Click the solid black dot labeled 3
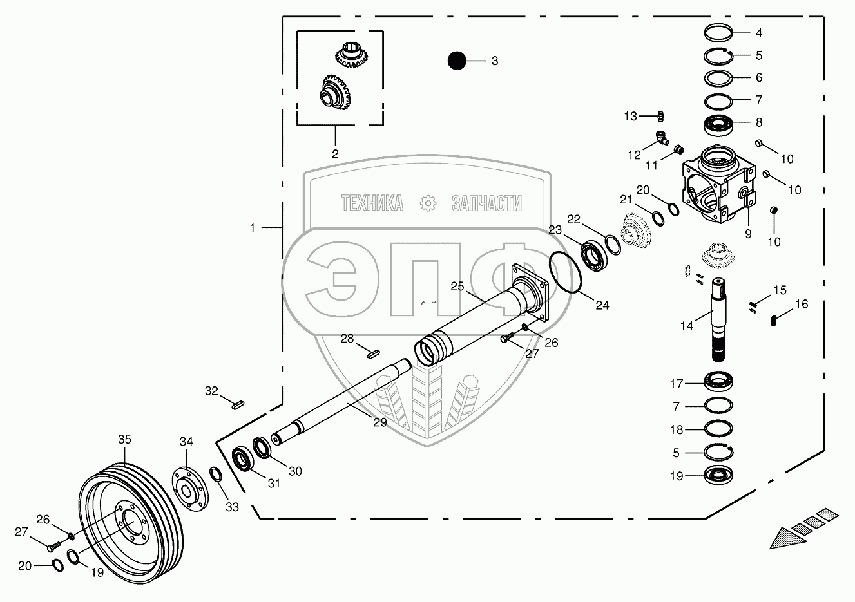[457, 61]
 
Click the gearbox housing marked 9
[715, 187]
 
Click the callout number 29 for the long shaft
[379, 422]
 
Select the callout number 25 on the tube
[457, 286]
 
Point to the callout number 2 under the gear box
[335, 154]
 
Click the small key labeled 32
[236, 405]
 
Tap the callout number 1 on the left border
[253, 227]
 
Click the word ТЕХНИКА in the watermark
[372, 203]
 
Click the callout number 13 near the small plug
[630, 116]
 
